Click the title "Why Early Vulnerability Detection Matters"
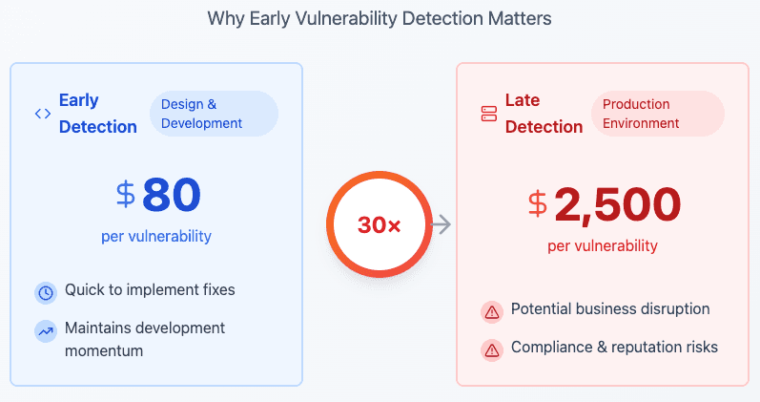click(x=380, y=19)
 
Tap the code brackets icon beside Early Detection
click(x=43, y=114)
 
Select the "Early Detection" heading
click(x=98, y=114)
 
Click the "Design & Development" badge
click(x=214, y=114)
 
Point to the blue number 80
click(x=172, y=195)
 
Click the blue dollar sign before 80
click(x=126, y=194)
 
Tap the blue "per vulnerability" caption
click(x=156, y=237)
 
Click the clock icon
click(x=46, y=293)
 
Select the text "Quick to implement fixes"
click(x=150, y=290)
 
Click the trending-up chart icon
click(x=46, y=331)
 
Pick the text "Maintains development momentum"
click(x=145, y=339)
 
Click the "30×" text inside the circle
click(x=379, y=224)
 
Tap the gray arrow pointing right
click(x=442, y=224)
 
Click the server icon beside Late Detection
click(x=489, y=114)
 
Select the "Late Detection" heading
click(x=544, y=114)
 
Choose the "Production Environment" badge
click(x=658, y=114)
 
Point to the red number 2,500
click(x=618, y=204)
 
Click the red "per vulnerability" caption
click(x=603, y=246)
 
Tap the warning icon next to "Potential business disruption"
click(x=492, y=312)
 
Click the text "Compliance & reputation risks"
click(x=615, y=348)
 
